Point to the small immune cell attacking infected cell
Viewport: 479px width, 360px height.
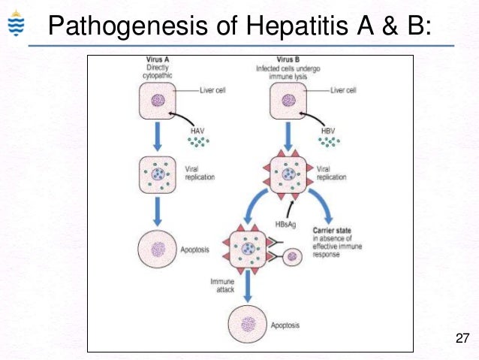tap(293, 256)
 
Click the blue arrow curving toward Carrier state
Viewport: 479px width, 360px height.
tap(324, 204)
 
